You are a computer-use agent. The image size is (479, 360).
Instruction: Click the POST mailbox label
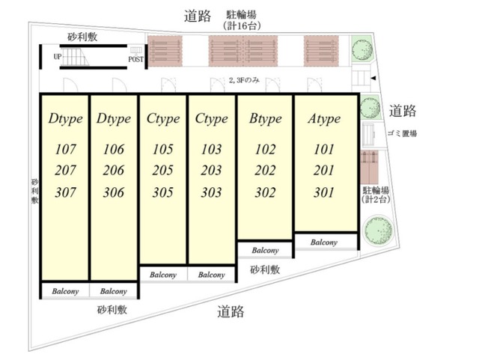(135, 59)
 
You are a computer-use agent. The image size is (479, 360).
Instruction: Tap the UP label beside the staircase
(58, 57)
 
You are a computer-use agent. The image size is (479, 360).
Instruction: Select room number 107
(65, 149)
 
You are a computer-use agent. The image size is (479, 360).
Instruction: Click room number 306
(114, 192)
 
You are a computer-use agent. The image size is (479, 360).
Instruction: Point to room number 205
(163, 170)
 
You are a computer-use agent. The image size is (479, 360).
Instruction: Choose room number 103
(211, 149)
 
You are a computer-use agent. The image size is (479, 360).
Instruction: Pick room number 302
(265, 192)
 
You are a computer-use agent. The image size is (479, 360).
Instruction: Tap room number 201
(324, 170)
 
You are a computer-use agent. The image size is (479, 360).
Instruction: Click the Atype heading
(324, 118)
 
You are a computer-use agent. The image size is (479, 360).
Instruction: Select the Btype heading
(265, 118)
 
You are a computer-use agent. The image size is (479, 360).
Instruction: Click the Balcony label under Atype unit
(324, 242)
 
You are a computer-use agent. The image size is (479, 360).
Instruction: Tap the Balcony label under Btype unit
(265, 251)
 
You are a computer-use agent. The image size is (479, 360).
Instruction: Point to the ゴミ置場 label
(402, 133)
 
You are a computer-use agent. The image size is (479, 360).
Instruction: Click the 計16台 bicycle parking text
(242, 25)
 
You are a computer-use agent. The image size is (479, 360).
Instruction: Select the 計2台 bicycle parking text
(376, 200)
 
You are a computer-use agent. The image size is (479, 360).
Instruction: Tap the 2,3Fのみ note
(244, 80)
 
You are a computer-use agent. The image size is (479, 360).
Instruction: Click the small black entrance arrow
(373, 79)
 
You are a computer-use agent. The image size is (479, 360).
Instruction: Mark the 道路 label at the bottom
(231, 311)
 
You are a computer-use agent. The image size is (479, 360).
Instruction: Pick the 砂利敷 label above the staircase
(82, 37)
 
